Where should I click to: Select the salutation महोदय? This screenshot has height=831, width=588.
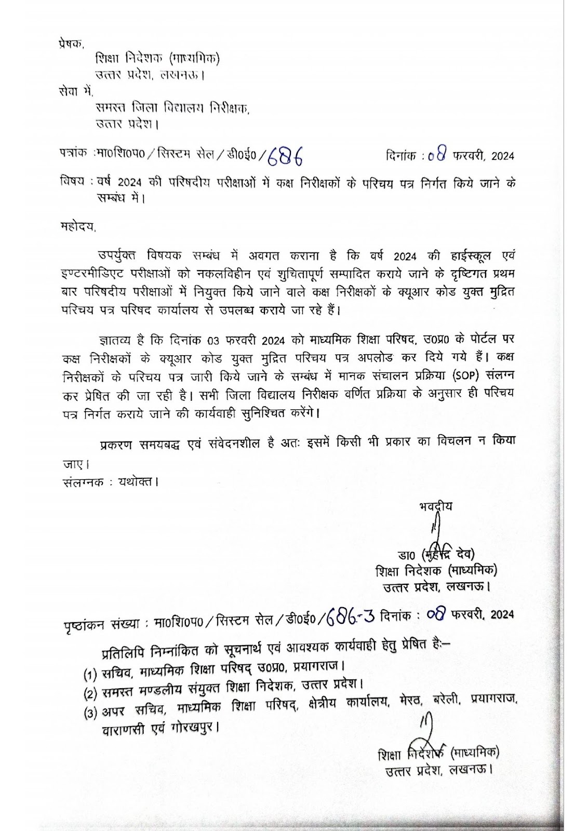click(78, 226)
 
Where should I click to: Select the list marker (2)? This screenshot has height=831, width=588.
click(91, 693)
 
